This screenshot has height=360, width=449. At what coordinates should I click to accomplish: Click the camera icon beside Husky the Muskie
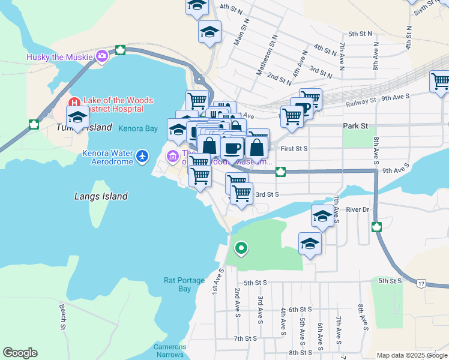101,57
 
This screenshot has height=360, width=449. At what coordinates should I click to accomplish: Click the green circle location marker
241,247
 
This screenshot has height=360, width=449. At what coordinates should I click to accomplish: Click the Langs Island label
101,196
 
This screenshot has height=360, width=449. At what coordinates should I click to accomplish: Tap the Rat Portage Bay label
178,284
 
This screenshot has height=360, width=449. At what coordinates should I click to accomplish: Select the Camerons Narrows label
170,350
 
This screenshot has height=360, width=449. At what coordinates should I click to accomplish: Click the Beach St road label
62,317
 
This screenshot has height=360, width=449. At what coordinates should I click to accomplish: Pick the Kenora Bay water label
138,128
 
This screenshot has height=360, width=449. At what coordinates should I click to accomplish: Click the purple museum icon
172,157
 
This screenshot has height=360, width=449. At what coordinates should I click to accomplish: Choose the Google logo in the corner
20,353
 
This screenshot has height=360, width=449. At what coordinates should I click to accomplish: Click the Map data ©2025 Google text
411,355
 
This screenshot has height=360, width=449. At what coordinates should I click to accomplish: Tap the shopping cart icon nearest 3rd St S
241,194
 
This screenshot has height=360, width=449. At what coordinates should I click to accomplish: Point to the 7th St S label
246,338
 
